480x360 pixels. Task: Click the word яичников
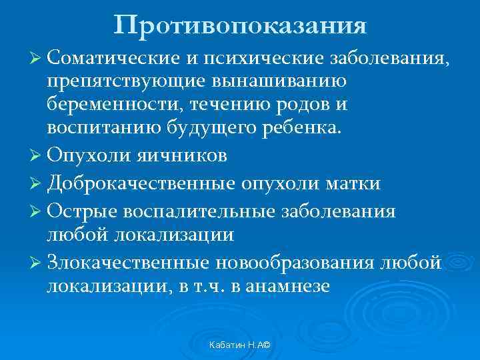click(182, 155)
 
